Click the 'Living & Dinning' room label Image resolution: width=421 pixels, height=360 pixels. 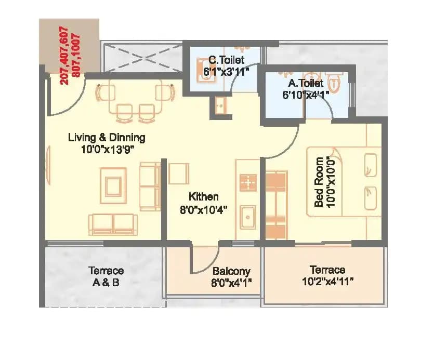(x=107, y=138)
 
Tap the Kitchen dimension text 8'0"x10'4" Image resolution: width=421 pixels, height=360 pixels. (x=203, y=210)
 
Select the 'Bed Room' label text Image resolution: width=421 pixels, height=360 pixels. (x=319, y=182)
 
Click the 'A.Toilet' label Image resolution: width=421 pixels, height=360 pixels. (x=306, y=83)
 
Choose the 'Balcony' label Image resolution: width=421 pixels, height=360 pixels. (x=231, y=271)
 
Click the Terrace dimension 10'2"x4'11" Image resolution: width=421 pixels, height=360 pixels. (x=327, y=282)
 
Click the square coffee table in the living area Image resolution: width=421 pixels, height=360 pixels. (x=113, y=183)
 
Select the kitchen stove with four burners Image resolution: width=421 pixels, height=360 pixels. (x=248, y=182)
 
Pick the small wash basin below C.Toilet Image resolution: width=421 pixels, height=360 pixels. (x=219, y=106)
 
